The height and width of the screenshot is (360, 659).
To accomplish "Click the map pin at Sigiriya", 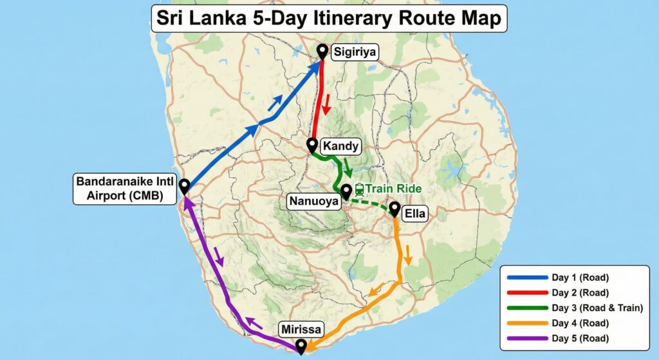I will click(x=323, y=52).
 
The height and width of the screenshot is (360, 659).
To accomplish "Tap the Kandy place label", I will click(x=340, y=146).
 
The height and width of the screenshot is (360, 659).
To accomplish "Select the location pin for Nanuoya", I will click(x=346, y=191).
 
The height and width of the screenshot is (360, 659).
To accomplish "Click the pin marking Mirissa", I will click(x=300, y=346).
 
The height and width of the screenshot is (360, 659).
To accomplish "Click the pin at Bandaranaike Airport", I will click(x=184, y=186).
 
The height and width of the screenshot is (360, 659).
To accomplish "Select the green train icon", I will click(x=360, y=189).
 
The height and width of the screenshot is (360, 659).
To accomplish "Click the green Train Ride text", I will click(x=394, y=189).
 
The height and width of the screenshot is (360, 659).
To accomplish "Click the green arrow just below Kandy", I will click(x=348, y=168).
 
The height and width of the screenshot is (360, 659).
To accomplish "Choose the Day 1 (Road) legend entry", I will click(x=579, y=278).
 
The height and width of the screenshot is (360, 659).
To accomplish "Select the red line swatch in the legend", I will click(x=526, y=293).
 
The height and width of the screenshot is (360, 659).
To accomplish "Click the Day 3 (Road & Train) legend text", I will click(x=597, y=308).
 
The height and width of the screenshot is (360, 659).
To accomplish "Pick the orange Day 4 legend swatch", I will click(x=526, y=323).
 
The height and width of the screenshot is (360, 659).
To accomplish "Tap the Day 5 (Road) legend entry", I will click(x=579, y=338).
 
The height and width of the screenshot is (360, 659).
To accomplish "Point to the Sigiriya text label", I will click(x=354, y=52).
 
